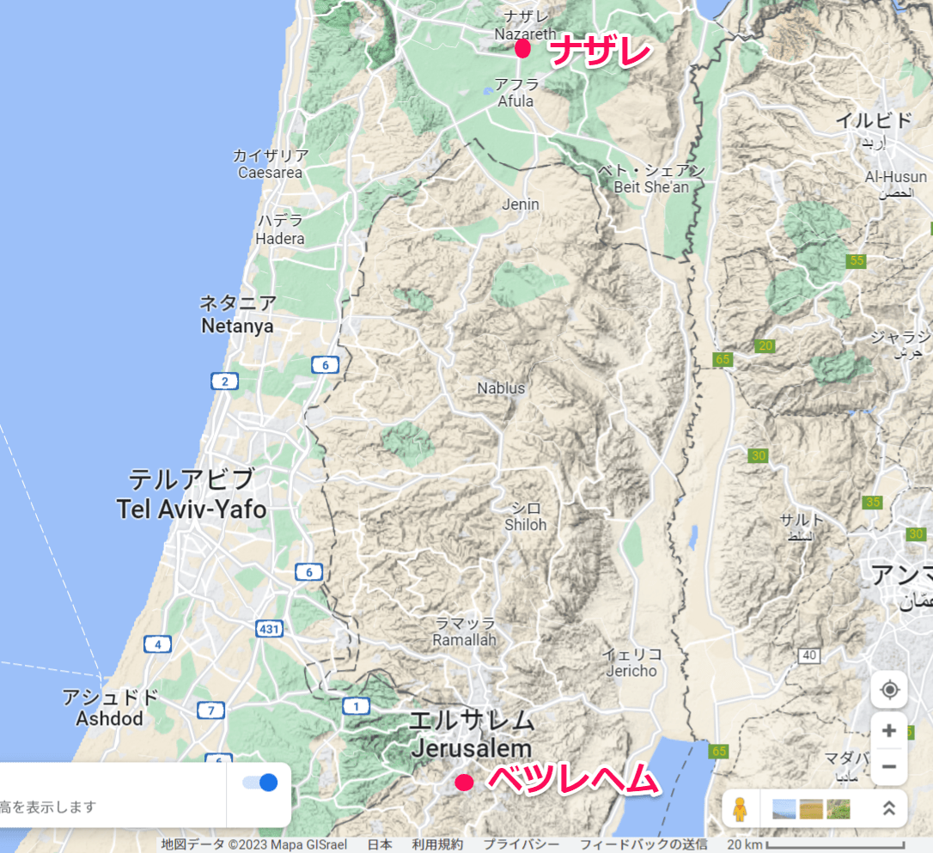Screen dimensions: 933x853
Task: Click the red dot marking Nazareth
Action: [522, 49]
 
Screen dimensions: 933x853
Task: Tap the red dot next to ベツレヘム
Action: [464, 782]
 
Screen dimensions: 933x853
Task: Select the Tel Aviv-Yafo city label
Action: [192, 509]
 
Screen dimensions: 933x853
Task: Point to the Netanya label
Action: [237, 326]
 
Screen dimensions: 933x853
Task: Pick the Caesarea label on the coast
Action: [270, 173]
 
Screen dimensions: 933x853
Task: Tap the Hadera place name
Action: [280, 238]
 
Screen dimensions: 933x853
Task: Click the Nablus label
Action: [501, 388]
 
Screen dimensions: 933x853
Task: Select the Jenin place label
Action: [521, 204]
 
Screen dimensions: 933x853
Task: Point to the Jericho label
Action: [631, 671]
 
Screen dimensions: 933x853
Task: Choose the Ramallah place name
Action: [465, 641]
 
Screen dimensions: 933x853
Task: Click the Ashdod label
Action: [109, 718]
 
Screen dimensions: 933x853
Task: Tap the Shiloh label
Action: [525, 524]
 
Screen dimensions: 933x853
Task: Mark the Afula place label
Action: [515, 101]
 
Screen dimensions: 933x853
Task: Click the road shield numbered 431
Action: [269, 629]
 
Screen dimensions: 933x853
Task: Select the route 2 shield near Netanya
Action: [224, 381]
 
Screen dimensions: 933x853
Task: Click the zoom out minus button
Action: [888, 766]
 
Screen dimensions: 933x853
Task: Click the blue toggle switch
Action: [260, 783]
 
